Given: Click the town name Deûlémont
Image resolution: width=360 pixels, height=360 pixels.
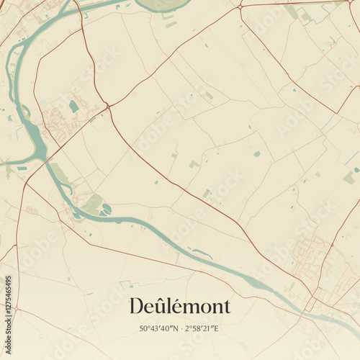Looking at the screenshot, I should click(x=180, y=306).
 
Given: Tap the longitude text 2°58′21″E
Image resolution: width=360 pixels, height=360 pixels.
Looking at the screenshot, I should click(x=202, y=329).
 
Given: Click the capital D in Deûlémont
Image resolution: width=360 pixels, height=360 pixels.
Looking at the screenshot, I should click(x=137, y=306).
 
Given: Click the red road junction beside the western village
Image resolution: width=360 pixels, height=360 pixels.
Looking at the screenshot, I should click(x=108, y=107).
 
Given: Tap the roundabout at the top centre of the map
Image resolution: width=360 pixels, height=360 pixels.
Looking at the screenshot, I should click(x=240, y=6).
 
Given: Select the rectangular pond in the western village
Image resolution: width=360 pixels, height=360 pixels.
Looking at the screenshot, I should click(x=73, y=107).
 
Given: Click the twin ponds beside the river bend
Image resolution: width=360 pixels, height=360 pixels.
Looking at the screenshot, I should click(x=106, y=210).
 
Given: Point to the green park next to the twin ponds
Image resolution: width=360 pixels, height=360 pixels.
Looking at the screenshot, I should click(x=92, y=203).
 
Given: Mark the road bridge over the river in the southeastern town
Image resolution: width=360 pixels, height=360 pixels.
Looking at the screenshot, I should click(x=311, y=301).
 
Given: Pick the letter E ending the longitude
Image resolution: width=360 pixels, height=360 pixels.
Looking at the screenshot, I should click(x=216, y=329).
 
